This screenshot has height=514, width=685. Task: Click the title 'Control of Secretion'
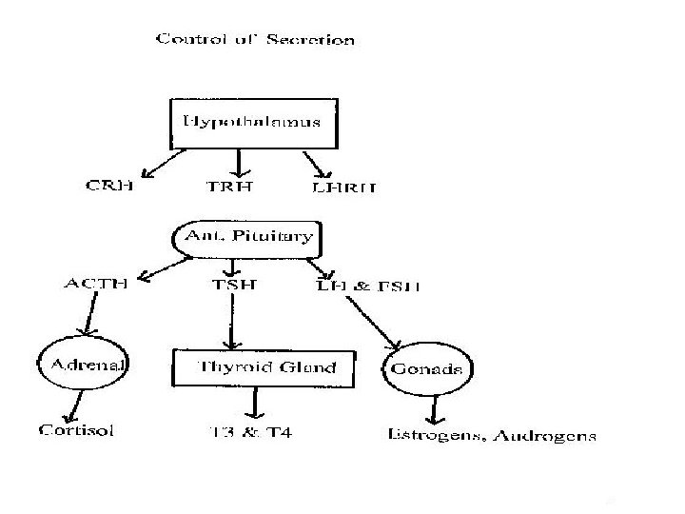coord(255,40)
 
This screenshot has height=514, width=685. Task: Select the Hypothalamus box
coord(252,123)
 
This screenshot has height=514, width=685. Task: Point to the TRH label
coord(230,188)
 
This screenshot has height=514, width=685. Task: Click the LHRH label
coord(344,188)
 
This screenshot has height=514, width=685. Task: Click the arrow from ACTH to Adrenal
coord(90,314)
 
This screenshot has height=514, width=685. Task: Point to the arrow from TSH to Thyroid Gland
coord(229,320)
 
